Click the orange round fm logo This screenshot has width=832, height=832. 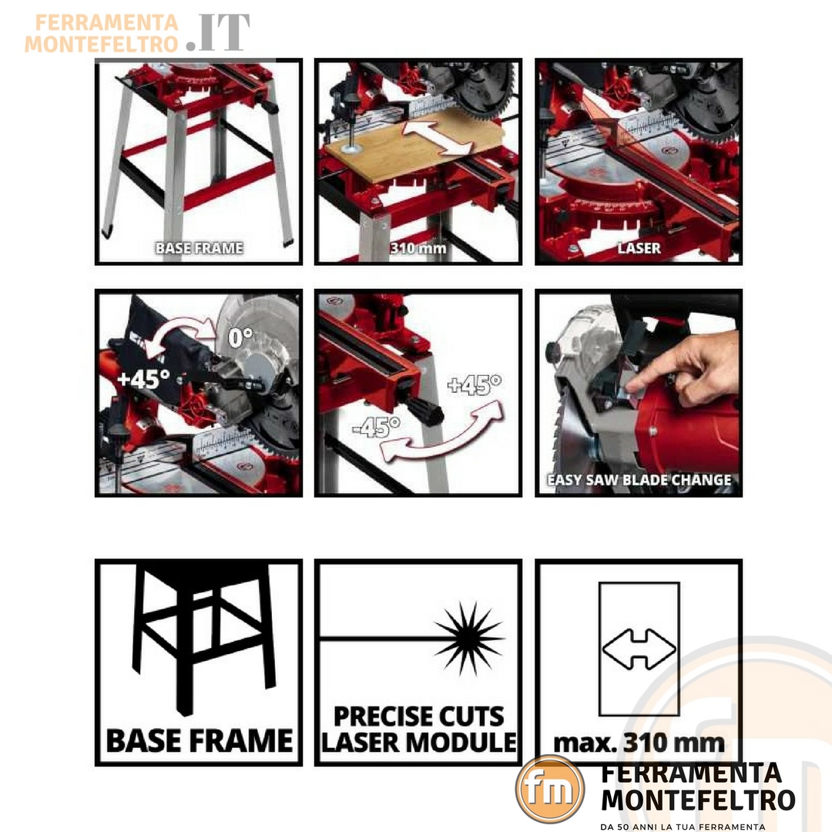coord(550,789)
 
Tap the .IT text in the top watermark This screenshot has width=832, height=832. coord(218,33)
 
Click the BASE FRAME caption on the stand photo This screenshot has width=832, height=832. coord(199,248)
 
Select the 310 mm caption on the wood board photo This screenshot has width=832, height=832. coord(418,248)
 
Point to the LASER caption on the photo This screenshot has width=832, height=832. coord(639,248)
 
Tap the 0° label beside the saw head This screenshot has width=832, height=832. coord(240,337)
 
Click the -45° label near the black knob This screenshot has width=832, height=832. coord(377,426)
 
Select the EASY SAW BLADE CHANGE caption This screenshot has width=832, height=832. coord(639,480)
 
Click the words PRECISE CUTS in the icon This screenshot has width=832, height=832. coord(418,716)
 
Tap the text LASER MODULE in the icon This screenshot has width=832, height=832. coord(418,742)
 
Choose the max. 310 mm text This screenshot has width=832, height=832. coord(639,743)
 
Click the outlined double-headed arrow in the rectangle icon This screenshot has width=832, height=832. coord(639,649)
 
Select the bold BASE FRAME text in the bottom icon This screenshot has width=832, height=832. coord(199,740)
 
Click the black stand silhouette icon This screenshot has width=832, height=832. coord(204,639)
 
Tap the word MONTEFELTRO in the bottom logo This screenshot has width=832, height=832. coord(698,800)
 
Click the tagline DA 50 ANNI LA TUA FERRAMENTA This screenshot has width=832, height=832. coord(683,827)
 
